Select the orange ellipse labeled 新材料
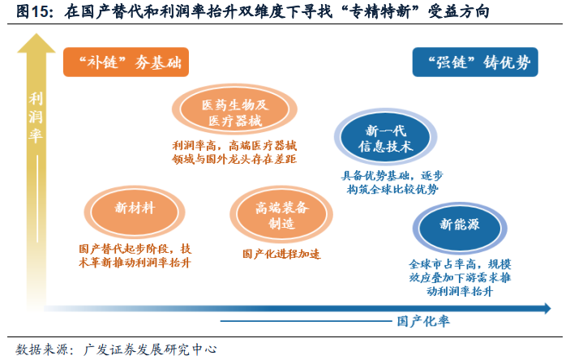pos(135,208)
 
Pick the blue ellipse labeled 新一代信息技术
pos(385,139)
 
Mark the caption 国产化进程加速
pos(281,254)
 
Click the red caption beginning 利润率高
pos(234,152)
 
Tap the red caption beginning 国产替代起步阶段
pos(135,255)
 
